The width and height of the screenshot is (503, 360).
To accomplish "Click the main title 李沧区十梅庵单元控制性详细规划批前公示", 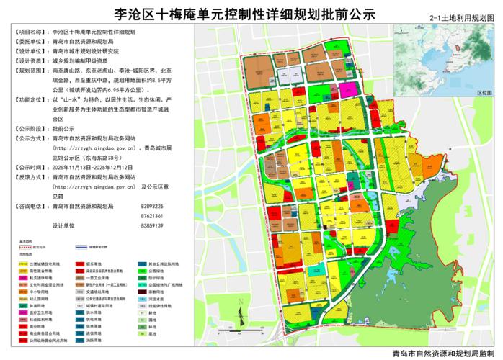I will [x=251, y=12].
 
